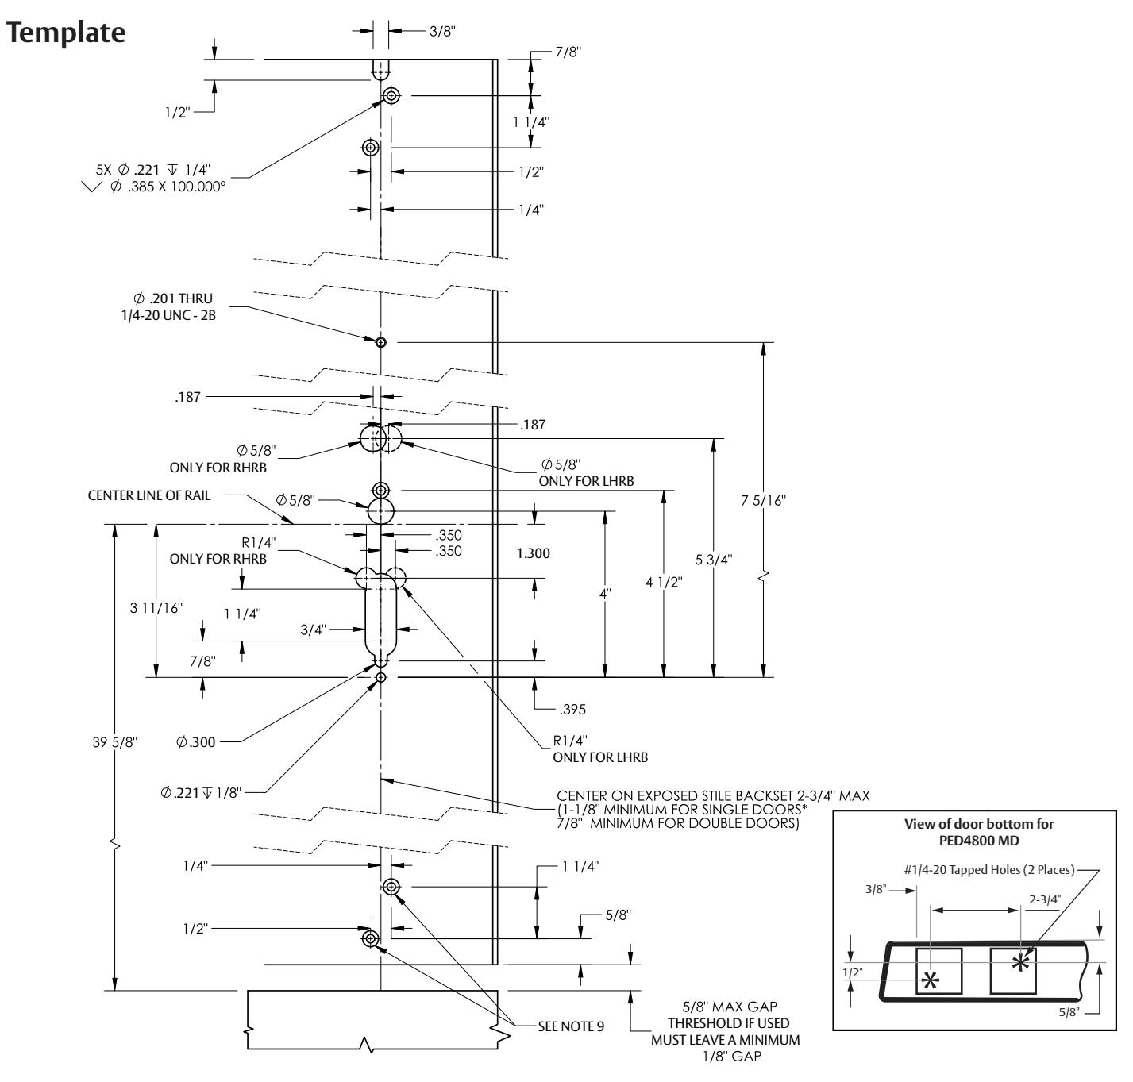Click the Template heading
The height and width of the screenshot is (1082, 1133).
(66, 33)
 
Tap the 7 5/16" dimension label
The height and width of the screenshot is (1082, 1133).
(763, 501)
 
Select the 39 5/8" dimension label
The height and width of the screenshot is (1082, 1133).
(114, 742)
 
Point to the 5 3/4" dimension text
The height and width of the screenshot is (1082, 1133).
(714, 560)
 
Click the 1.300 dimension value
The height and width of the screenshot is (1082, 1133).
(533, 553)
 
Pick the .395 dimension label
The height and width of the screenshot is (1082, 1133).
(572, 710)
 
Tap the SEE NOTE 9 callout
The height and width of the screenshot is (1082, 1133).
(571, 1026)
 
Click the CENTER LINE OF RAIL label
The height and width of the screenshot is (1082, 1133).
(149, 495)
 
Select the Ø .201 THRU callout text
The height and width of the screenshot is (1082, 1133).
(173, 298)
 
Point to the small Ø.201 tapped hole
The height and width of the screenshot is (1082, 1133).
(381, 342)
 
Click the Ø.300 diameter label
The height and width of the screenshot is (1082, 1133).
(196, 742)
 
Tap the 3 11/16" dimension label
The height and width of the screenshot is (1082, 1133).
(156, 608)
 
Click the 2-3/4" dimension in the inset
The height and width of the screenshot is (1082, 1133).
(1045, 899)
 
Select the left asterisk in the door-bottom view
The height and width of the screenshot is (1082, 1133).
(931, 980)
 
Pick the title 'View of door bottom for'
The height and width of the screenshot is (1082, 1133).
(979, 824)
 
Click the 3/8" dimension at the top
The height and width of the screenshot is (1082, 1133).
(442, 32)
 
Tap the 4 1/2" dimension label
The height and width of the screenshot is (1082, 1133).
(664, 582)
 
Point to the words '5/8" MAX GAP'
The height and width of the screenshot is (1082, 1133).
(730, 1007)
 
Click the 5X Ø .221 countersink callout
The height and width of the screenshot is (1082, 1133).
(153, 170)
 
